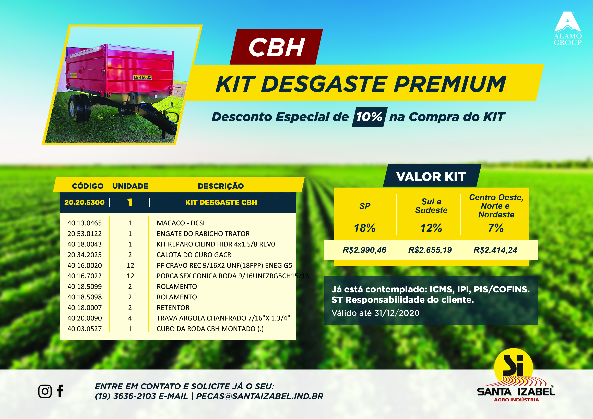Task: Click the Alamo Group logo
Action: (x=568, y=28)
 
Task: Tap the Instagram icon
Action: (x=45, y=391)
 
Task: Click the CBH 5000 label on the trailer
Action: (x=143, y=77)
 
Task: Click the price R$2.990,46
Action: (x=364, y=250)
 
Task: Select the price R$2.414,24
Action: (x=495, y=250)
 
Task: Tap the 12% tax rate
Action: (x=431, y=228)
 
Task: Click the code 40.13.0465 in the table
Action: (x=85, y=223)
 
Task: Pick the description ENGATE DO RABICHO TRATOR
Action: (x=203, y=234)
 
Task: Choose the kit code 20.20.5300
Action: (x=85, y=202)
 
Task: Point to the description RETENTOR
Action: (x=173, y=308)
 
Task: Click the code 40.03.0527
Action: (x=85, y=329)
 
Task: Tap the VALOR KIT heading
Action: (x=431, y=177)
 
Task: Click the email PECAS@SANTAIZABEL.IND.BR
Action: (x=260, y=396)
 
